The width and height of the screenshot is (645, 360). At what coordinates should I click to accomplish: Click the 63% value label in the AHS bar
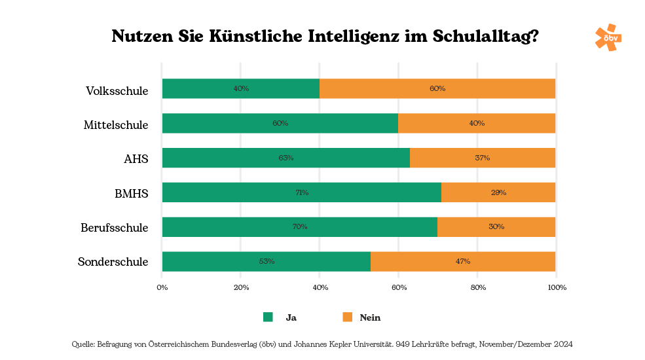point(286,158)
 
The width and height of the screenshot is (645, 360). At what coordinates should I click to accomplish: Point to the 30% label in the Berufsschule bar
point(496,226)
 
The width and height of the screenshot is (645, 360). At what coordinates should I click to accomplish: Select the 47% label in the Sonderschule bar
point(462,261)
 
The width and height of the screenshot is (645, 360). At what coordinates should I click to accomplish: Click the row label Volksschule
point(117,90)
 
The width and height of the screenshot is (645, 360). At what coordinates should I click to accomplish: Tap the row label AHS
point(136,159)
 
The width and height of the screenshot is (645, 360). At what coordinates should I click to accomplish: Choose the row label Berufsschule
point(115,228)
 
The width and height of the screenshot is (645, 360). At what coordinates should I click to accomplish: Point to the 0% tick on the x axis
point(162,287)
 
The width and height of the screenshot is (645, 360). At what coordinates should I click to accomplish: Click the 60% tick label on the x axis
point(399,287)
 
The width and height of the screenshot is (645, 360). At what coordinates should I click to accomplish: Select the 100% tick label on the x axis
point(557,287)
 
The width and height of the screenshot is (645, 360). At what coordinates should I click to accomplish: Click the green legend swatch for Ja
point(268,317)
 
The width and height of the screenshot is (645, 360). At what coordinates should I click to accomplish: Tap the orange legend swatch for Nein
point(347,317)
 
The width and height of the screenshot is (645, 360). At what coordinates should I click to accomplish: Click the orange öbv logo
point(608,37)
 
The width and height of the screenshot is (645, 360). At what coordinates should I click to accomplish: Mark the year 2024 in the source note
point(562,344)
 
